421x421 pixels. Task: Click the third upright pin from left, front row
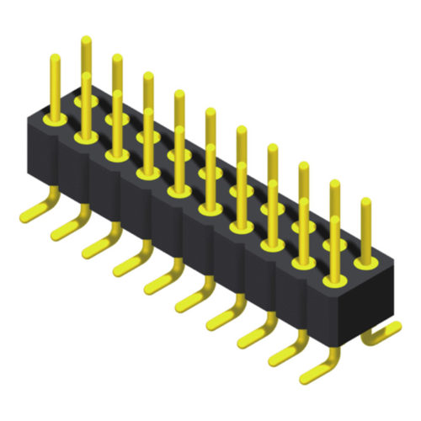click(117, 122)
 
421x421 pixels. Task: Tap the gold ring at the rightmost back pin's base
click(365, 262)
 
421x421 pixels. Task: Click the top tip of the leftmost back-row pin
click(86, 39)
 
